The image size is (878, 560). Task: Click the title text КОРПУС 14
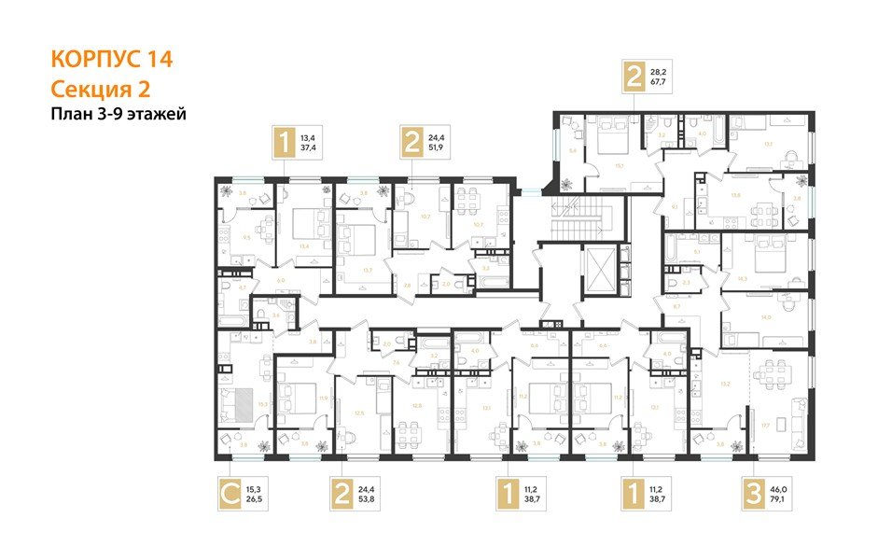coord(111,61)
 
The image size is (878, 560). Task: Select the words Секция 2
coord(99,90)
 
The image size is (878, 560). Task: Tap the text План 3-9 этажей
coord(118,115)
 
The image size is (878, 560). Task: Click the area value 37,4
coord(308,147)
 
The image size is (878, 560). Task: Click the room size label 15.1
coord(618,168)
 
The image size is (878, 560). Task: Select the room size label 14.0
coord(765,318)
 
